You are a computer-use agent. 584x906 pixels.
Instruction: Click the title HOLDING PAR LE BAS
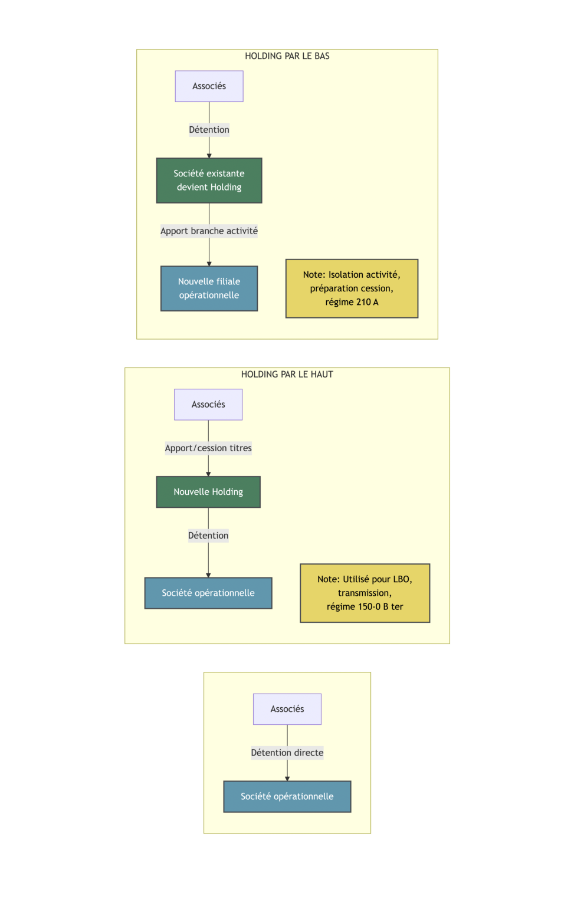pos(287,56)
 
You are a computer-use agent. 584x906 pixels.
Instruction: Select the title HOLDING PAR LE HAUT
pos(287,375)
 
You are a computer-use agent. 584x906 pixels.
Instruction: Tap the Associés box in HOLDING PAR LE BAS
pos(209,86)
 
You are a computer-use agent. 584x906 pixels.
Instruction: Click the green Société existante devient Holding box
pos(209,180)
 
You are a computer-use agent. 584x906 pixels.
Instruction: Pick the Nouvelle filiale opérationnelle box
pos(209,288)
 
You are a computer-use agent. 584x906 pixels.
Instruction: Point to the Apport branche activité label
pos(209,231)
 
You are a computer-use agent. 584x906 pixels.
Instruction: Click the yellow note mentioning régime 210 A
pos(352,288)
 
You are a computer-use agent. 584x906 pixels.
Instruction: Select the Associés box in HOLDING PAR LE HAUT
pos(208,405)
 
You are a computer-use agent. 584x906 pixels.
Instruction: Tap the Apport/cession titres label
pos(208,448)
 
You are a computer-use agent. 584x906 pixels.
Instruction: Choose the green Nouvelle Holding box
pos(208,492)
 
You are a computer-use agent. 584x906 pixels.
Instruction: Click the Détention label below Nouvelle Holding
pos(208,536)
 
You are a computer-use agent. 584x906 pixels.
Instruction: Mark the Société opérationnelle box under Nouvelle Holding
pos(208,593)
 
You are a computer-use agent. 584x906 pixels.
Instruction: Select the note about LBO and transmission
pos(365,593)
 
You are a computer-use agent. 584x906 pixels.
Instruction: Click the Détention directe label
pos(287,753)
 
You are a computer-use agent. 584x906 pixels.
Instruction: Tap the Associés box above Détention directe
pos(287,709)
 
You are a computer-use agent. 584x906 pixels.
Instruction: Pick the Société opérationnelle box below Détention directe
pos(287,796)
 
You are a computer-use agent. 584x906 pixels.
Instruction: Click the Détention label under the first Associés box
pos(209,130)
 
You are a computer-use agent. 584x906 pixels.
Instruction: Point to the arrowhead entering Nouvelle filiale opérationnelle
pos(209,264)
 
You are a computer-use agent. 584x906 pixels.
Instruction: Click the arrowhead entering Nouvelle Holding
pos(208,474)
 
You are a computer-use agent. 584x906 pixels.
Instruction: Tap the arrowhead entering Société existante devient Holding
pos(209,156)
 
